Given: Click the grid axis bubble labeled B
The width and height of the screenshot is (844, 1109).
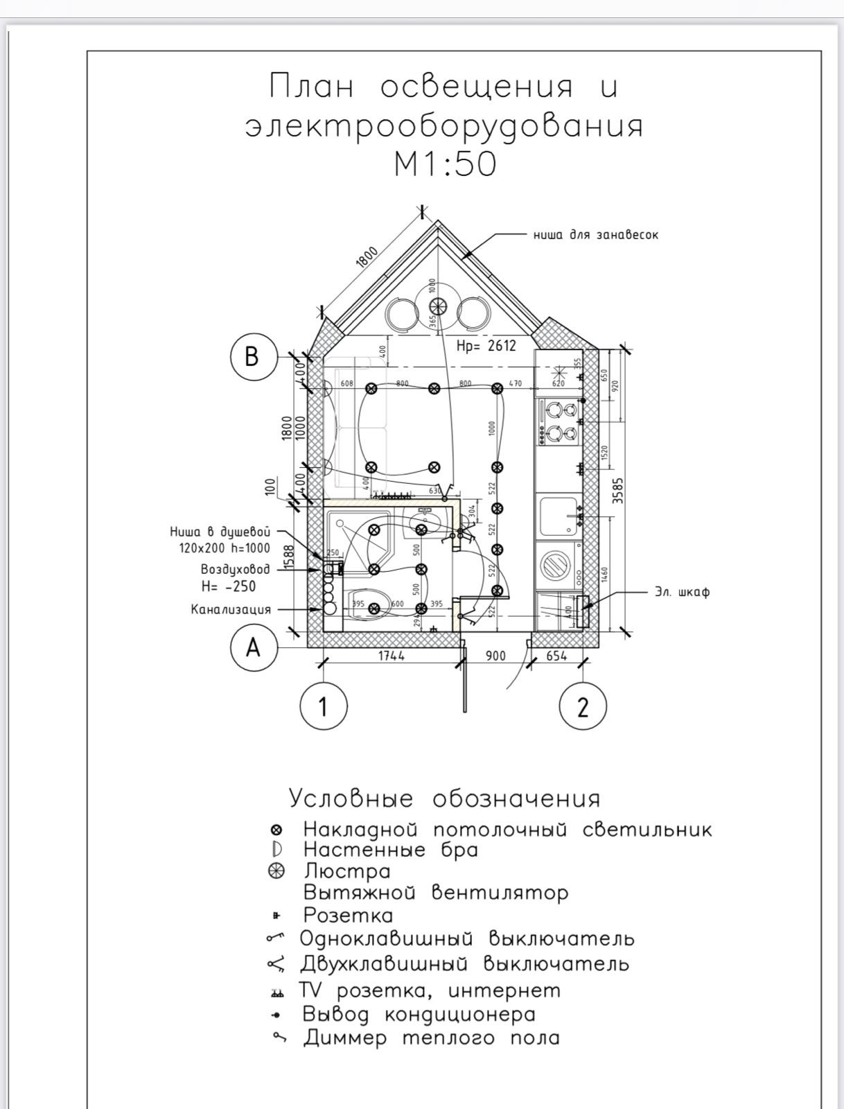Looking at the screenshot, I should pyautogui.click(x=253, y=356).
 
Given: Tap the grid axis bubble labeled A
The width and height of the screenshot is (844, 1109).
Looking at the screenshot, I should pyautogui.click(x=253, y=647).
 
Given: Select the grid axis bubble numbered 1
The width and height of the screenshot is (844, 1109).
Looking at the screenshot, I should pyautogui.click(x=323, y=707).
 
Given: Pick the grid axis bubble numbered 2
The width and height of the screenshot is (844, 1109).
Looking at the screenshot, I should pyautogui.click(x=583, y=707).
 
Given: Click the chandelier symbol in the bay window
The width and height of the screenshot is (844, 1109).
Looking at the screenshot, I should pyautogui.click(x=437, y=307).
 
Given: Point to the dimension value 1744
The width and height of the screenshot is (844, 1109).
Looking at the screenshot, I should pyautogui.click(x=392, y=656).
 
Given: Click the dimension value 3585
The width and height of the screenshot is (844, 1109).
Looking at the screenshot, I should pyautogui.click(x=619, y=491).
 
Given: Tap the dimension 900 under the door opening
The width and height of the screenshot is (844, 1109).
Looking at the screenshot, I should pyautogui.click(x=495, y=656).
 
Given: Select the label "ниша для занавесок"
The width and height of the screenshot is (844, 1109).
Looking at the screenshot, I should pyautogui.click(x=596, y=235).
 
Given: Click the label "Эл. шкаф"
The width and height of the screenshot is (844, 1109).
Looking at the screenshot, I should pyautogui.click(x=682, y=592).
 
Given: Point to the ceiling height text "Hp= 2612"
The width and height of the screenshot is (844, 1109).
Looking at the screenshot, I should pyautogui.click(x=486, y=346).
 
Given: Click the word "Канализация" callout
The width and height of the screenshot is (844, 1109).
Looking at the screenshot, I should pyautogui.click(x=231, y=610).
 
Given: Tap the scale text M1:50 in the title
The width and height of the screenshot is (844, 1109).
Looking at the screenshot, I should pyautogui.click(x=445, y=165).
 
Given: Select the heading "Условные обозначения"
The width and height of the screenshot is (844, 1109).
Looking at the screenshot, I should pyautogui.click(x=444, y=798).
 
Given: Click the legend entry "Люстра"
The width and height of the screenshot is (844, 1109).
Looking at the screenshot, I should pyautogui.click(x=347, y=871).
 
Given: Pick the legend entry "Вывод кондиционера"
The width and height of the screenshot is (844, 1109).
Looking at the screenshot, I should pyautogui.click(x=419, y=1014).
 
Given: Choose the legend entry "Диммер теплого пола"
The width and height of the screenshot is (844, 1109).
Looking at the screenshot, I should pyautogui.click(x=431, y=1038).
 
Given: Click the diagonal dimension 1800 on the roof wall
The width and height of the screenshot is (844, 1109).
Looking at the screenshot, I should pyautogui.click(x=368, y=258).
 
